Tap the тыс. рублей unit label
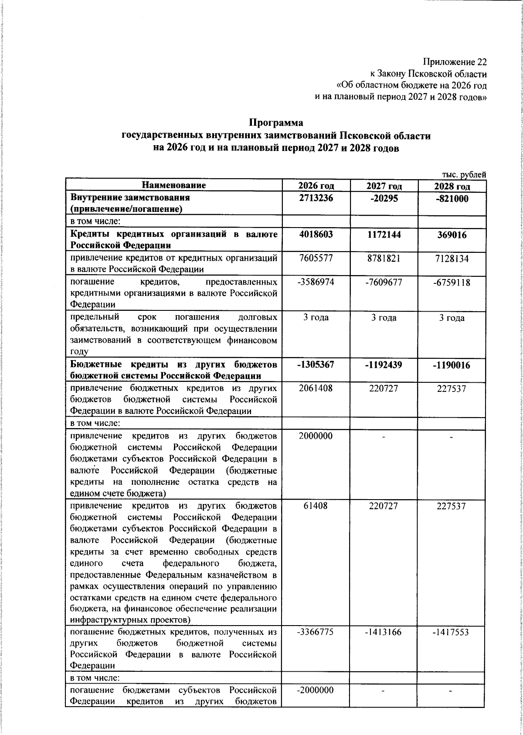coord(464,174)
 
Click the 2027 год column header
coord(384,186)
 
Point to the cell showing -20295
coord(384,197)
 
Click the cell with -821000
coord(452,198)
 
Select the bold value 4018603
coord(316,235)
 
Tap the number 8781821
coord(384,258)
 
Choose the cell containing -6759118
coord(452,282)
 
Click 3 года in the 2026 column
coord(316,317)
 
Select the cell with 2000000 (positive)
coord(316,436)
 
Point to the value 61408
coord(316,506)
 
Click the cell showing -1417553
coord(452,632)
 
